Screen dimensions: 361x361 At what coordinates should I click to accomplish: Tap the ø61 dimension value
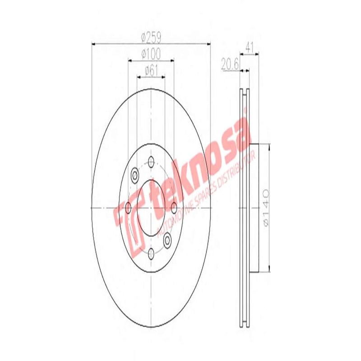pos(151,70)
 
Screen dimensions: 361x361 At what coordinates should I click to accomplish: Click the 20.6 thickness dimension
pos(230,64)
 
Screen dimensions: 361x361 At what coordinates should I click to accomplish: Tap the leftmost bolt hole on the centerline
pos(128,208)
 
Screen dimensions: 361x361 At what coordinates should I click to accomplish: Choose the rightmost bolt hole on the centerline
pos(174,208)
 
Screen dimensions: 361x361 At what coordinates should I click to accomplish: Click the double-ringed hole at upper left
pos(134,175)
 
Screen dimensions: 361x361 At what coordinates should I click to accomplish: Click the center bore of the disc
pos(151,208)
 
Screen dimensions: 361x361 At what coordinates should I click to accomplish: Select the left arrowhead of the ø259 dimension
pos(94,44)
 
